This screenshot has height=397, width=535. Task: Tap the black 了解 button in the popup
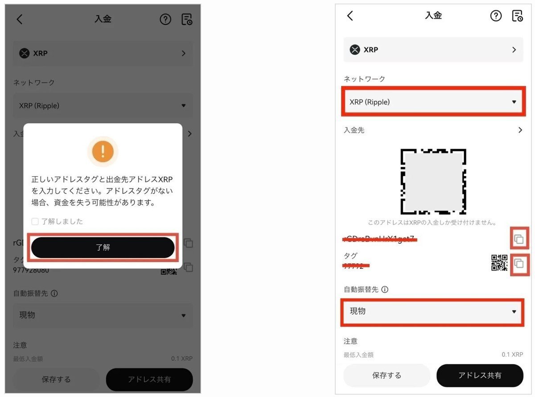click(103, 247)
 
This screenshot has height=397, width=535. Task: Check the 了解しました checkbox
click(35, 221)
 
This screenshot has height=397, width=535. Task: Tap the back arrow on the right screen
click(350, 16)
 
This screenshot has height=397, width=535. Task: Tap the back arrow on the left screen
click(19, 19)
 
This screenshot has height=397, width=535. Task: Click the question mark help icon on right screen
click(496, 16)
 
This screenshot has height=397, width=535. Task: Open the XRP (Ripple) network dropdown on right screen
click(432, 102)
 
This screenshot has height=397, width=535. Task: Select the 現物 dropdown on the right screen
click(432, 311)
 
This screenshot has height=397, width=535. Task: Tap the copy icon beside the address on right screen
click(519, 239)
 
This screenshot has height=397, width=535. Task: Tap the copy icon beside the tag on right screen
click(519, 264)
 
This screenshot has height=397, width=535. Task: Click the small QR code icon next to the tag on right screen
click(499, 263)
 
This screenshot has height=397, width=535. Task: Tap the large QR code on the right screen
click(433, 181)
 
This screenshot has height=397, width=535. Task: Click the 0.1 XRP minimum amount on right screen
click(512, 355)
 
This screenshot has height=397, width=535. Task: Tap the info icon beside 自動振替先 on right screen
click(385, 289)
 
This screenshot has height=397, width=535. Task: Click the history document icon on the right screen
click(517, 16)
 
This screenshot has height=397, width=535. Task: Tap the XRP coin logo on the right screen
click(355, 50)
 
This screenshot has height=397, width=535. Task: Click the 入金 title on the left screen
click(103, 19)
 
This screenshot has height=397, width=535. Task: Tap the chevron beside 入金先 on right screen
click(520, 130)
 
